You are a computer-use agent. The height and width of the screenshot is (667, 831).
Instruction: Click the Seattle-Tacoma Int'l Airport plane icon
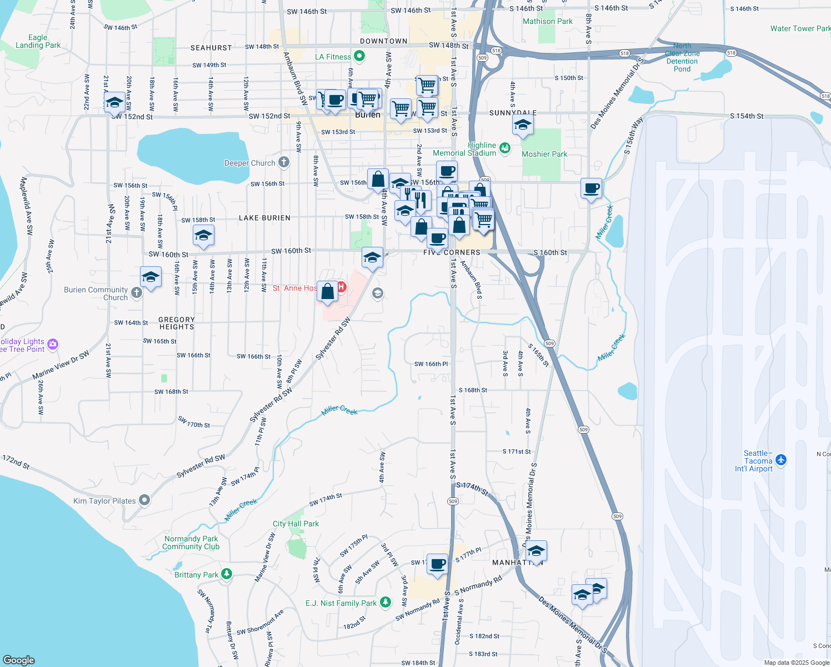(x=782, y=460)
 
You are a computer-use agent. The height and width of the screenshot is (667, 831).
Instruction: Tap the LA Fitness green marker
(x=359, y=56)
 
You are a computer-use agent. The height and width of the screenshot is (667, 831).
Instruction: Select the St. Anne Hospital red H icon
(x=342, y=287)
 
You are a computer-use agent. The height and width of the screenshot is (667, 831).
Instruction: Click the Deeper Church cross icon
(x=284, y=162)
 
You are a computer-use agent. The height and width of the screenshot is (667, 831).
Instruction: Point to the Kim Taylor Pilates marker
(x=144, y=500)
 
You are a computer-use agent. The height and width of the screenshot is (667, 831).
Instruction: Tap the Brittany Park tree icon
(x=226, y=574)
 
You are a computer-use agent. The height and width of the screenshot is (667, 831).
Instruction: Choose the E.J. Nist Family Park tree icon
(x=386, y=603)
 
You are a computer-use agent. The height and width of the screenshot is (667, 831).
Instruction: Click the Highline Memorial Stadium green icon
(x=504, y=148)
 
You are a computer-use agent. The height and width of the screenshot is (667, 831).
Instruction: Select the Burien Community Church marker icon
(x=137, y=292)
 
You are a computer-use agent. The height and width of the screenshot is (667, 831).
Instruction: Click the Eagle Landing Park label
(x=38, y=42)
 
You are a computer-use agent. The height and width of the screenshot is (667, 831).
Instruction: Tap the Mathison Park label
(x=547, y=21)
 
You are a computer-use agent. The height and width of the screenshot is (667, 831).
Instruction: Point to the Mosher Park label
(x=544, y=154)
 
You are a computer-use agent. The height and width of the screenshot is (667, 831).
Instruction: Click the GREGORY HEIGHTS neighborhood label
(x=177, y=323)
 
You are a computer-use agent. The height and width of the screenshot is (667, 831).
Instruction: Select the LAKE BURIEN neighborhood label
(x=264, y=218)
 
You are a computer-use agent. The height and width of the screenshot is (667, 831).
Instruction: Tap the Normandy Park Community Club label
(x=191, y=542)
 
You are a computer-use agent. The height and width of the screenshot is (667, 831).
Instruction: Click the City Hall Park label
(x=296, y=524)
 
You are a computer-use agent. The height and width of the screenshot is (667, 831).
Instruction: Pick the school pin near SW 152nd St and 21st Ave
(x=114, y=102)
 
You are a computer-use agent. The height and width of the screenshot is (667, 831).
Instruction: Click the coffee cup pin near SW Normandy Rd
(x=437, y=564)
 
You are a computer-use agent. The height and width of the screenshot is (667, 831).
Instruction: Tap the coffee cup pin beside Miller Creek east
(x=591, y=188)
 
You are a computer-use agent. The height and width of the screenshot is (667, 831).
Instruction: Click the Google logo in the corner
(x=19, y=660)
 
